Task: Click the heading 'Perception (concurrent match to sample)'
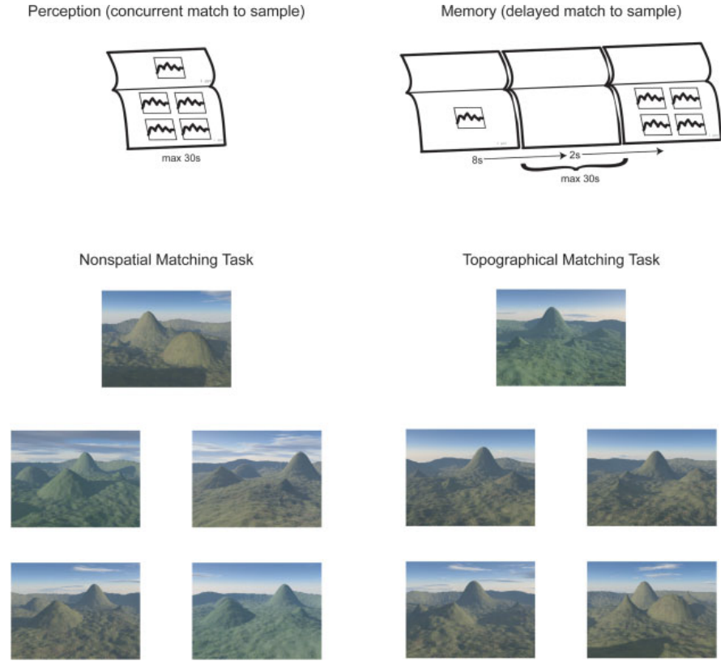pos(166,13)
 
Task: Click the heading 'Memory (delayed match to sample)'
pos(561,13)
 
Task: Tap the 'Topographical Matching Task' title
pos(561,260)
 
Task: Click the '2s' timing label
pos(574,153)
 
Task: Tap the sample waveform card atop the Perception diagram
pos(170,67)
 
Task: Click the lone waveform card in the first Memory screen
pos(469,118)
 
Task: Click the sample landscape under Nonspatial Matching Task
pos(166,339)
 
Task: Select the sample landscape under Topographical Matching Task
pos(561,337)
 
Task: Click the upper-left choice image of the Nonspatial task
pos(75,479)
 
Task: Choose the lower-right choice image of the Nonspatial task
pos(257,610)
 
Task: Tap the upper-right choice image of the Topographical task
pos(651,478)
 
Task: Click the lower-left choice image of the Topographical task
pos(470,610)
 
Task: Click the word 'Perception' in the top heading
pos(59,13)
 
